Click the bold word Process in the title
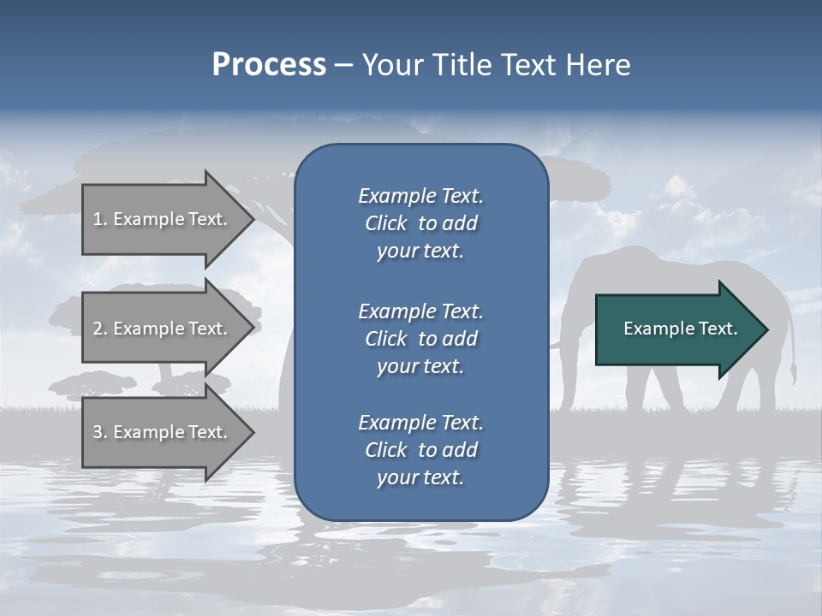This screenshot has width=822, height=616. (x=269, y=65)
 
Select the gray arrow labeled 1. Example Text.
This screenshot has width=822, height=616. (x=163, y=219)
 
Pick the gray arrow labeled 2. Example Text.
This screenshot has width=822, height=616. (x=163, y=329)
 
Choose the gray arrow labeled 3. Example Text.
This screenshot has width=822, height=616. (x=163, y=432)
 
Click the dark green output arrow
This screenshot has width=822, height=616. (x=676, y=329)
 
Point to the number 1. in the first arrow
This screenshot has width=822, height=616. (x=100, y=219)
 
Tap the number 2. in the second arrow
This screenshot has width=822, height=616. (x=100, y=329)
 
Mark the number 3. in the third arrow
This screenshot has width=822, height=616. (x=100, y=432)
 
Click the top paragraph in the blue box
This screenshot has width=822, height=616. (x=420, y=223)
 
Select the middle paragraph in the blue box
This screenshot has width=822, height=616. (x=420, y=338)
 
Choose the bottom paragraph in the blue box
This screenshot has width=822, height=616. (x=420, y=450)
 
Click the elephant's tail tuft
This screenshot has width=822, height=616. (x=794, y=373)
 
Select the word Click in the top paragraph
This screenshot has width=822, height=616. (x=386, y=223)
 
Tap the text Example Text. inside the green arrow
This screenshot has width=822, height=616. (x=680, y=329)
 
